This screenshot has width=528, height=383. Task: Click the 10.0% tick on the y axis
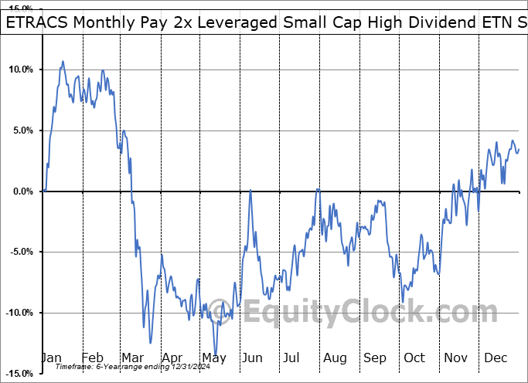pos(21,70)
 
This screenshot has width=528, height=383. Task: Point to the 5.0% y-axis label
pos(22,130)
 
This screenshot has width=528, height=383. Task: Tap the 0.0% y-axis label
pos(22,191)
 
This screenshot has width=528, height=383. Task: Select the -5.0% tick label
pos(21,252)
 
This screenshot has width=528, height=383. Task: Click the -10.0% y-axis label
pos(19,313)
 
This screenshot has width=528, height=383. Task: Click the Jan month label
pos(53,358)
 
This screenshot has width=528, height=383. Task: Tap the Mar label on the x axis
pos(133,358)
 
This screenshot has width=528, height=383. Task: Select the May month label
pos(213,358)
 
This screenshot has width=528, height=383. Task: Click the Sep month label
pos(375,358)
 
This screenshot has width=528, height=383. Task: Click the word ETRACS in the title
pos(37,22)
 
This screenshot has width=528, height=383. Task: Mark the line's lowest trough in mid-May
pos(216,354)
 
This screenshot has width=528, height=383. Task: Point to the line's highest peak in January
pos(63,61)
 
